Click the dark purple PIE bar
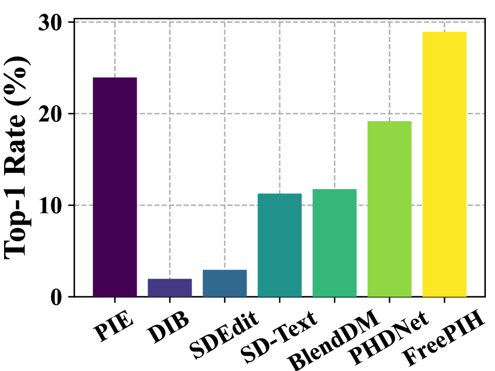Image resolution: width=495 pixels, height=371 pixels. pyautogui.click(x=114, y=187)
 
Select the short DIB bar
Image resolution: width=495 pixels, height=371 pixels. pyautogui.click(x=170, y=287)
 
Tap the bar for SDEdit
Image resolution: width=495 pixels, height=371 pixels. pyautogui.click(x=225, y=283)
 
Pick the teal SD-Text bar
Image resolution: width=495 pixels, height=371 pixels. pyautogui.click(x=279, y=245)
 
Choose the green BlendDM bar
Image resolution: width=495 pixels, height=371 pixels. pyautogui.click(x=335, y=243)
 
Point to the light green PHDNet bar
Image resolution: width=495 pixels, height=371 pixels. pyautogui.click(x=389, y=209)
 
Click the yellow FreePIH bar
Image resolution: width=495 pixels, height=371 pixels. pyautogui.click(x=444, y=164)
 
